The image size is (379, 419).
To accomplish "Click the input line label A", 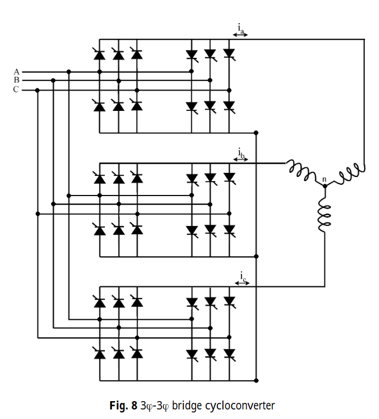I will (17, 72).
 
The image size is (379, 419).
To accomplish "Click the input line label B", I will (17, 80).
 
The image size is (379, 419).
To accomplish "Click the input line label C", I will (17, 90).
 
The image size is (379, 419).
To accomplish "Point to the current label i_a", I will (240, 27).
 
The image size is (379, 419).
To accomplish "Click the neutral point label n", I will (324, 179).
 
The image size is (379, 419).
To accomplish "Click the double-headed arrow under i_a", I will (240, 35).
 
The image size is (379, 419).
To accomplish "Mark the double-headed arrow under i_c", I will (242, 283).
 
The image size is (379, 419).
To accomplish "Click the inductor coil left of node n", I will (301, 170).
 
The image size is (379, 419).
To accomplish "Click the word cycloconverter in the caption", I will (240, 406).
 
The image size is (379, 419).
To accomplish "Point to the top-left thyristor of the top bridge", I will (100, 55).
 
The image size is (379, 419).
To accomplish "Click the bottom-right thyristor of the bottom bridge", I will (229, 353).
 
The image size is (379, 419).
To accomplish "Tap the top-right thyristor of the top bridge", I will (229, 54).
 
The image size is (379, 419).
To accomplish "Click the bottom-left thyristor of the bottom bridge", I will (100, 353).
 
